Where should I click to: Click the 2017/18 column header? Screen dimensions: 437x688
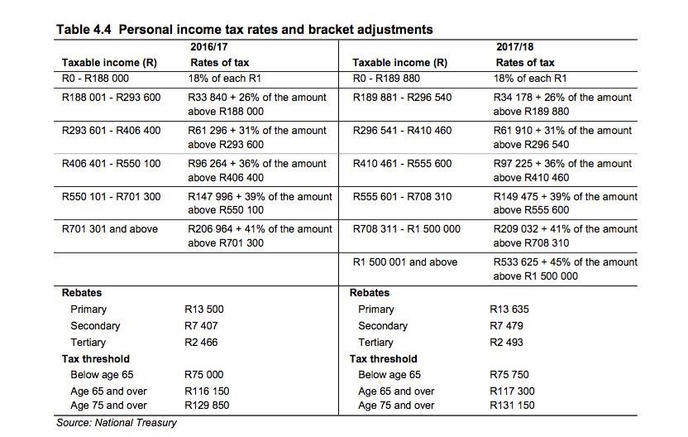tap(514, 46)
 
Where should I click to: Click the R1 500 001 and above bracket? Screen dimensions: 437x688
tap(404, 262)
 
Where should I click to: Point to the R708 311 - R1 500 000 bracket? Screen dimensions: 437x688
tap(406, 229)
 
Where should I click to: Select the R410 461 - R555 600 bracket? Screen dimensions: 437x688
tap(402, 164)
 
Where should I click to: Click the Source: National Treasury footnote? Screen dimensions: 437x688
tap(117, 423)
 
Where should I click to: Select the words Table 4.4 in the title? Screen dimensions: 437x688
tap(84, 30)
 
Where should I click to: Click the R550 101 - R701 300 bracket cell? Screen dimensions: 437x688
tap(111, 197)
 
